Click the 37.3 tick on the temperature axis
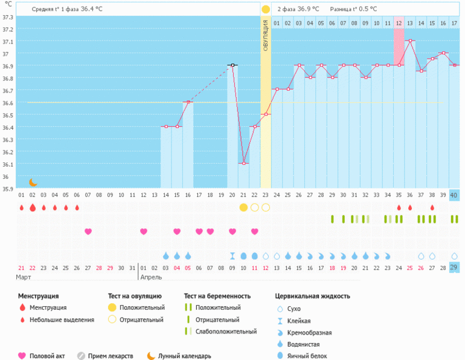[x=8, y=17]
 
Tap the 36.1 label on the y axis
[x=8, y=164]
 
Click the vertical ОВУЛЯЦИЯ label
[x=266, y=37]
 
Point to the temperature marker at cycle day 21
[x=243, y=163]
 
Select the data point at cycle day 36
[x=410, y=41]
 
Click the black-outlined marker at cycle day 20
[x=232, y=65]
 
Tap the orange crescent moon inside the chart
[x=33, y=182]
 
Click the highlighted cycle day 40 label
[x=454, y=194]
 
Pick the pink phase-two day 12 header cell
[x=399, y=23]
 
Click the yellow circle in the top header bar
[x=266, y=10]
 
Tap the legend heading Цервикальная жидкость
[x=312, y=297]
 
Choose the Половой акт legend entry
[x=47, y=356]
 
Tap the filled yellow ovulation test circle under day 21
[x=243, y=207]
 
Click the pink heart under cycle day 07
[x=88, y=231]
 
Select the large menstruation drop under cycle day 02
[x=33, y=207]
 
